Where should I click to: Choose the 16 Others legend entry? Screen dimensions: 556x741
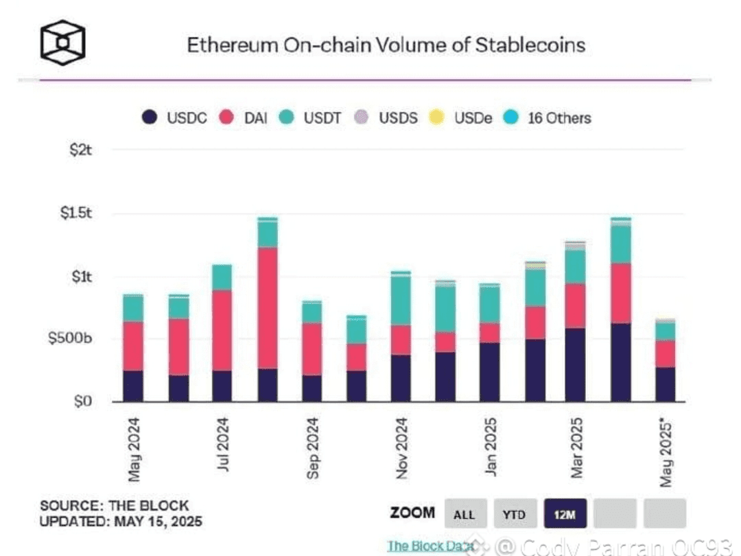tap(550, 117)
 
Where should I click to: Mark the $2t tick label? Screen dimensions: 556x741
tap(80, 150)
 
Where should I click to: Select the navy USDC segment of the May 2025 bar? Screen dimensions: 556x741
tap(665, 384)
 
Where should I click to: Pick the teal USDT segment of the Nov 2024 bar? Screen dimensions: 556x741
tap(401, 301)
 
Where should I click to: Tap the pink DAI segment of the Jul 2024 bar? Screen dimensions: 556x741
tap(222, 330)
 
